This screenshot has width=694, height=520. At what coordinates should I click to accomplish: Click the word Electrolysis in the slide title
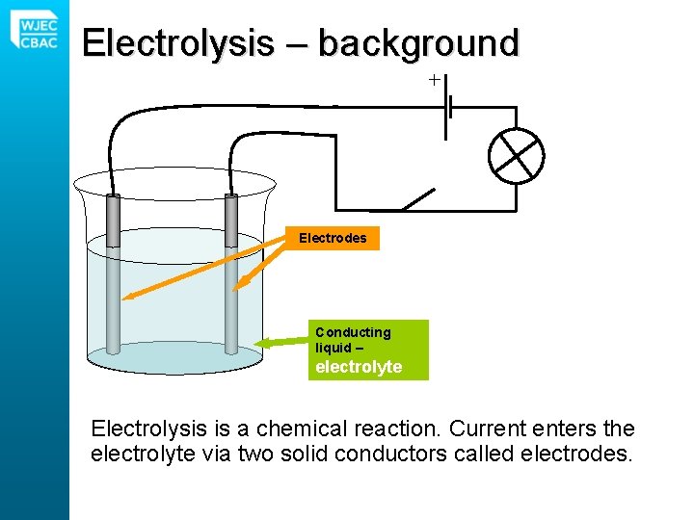click(177, 43)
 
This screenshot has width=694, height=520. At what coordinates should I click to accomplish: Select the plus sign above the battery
click(435, 80)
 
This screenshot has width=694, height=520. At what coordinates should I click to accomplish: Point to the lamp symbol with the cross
click(517, 155)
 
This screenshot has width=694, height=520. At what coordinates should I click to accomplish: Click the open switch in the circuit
click(416, 200)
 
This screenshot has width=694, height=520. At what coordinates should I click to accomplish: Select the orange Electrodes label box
click(333, 238)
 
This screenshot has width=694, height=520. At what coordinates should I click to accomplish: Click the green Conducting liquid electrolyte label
click(367, 350)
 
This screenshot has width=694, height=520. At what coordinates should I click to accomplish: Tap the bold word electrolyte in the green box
click(359, 367)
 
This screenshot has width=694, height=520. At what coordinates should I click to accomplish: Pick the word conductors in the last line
click(415, 453)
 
